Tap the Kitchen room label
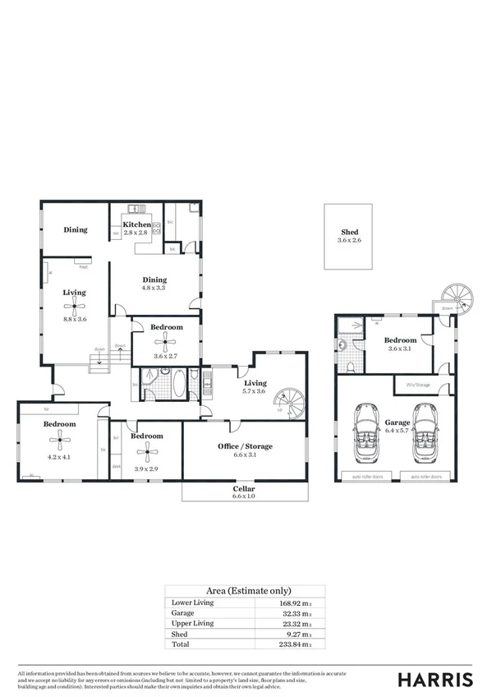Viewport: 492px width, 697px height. coord(136,224)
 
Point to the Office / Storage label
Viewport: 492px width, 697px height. coord(246,446)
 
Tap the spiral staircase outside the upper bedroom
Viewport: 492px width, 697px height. coord(453,294)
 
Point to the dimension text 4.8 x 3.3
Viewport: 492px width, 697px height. coord(154,288)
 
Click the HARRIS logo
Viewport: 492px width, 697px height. coord(435,679)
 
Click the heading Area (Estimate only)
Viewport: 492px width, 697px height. coord(246,591)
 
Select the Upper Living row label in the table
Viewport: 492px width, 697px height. coord(191,624)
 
